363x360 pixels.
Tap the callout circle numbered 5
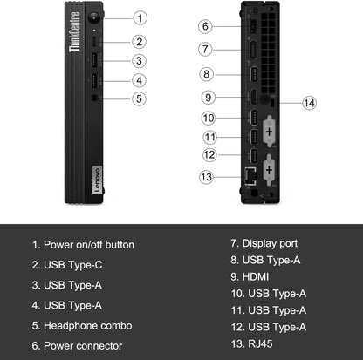click(139, 98)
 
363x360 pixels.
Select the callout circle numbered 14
click(308, 103)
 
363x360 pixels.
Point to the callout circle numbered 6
click(205, 26)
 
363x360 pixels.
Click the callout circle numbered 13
click(205, 177)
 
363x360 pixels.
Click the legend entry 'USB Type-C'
click(74, 265)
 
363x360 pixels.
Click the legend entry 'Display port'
click(271, 243)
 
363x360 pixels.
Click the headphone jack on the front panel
click(94, 98)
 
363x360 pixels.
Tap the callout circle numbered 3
click(139, 60)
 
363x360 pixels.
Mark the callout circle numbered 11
click(209, 137)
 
